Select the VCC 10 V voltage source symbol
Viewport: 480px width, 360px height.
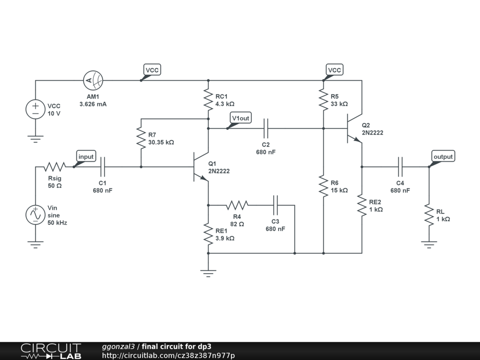(x=36, y=109)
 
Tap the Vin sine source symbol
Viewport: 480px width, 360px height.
(x=36, y=215)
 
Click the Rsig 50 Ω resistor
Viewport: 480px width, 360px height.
(x=55, y=167)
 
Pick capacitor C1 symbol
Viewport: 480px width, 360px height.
(x=103, y=167)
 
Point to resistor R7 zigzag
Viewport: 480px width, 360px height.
(x=141, y=138)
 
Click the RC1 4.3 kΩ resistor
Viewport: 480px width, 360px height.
(x=209, y=100)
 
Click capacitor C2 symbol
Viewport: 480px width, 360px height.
(x=266, y=128)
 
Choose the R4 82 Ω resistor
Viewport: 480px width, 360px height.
(x=237, y=205)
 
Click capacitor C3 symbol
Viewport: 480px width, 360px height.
(x=275, y=205)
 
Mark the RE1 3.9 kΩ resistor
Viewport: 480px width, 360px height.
(x=209, y=234)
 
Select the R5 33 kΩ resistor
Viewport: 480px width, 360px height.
(x=323, y=100)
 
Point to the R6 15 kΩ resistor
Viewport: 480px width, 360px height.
(x=323, y=186)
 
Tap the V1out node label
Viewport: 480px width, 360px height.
(x=240, y=118)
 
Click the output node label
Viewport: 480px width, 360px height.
(x=443, y=157)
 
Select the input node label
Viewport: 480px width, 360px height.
(x=86, y=157)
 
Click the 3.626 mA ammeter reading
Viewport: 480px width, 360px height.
(x=93, y=104)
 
